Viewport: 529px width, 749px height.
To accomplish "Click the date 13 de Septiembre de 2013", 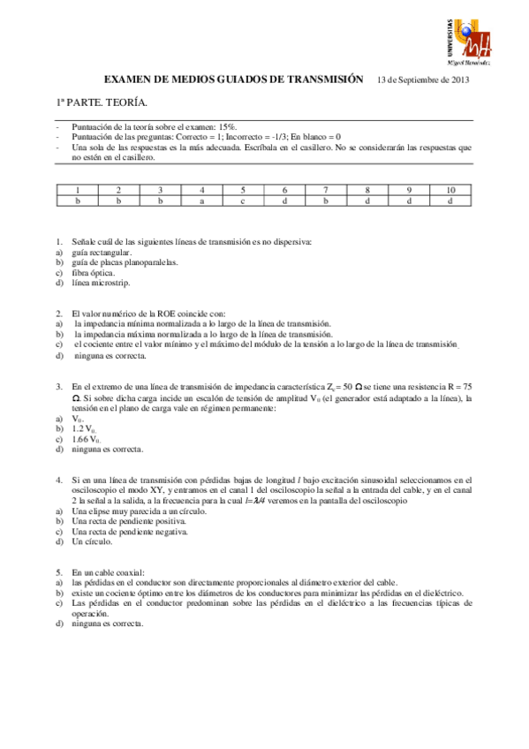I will [422, 79].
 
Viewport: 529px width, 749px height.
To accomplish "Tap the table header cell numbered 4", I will [201, 190].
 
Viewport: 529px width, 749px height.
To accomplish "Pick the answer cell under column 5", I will [243, 200].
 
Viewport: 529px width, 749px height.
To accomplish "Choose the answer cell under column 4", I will [201, 200].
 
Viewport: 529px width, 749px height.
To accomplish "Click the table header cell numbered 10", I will [450, 190].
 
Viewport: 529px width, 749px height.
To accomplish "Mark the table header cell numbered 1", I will [78, 190].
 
